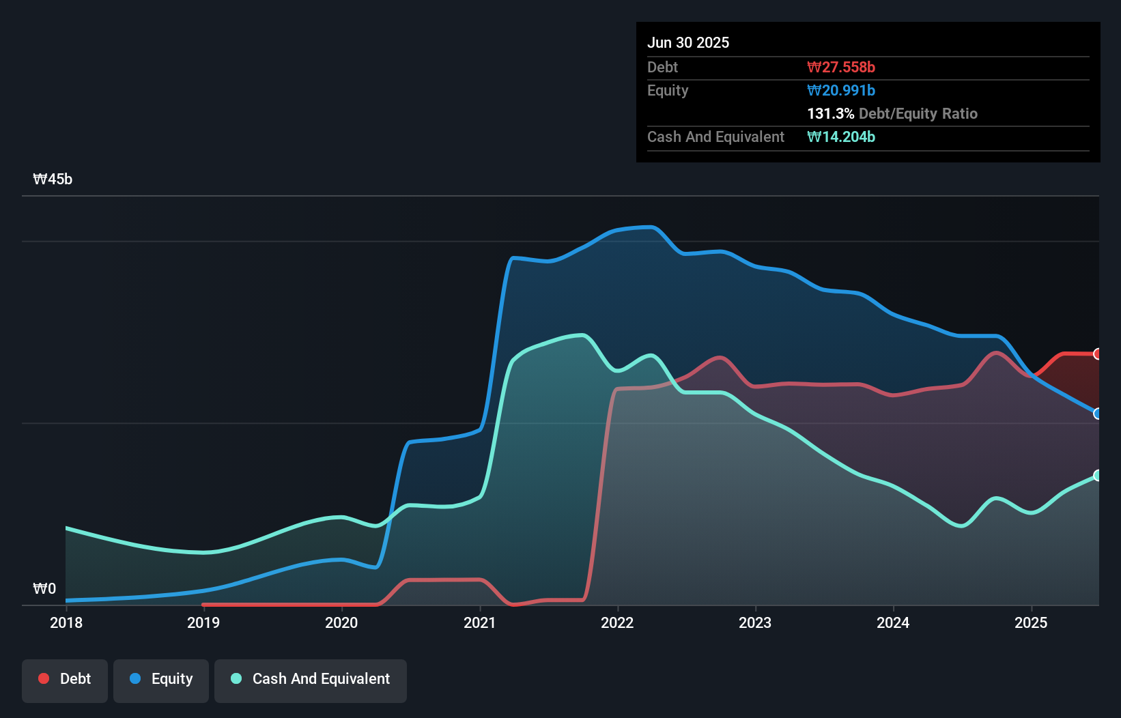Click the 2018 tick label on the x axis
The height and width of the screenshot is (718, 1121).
(66, 622)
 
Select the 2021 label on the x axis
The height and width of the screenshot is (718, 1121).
(479, 622)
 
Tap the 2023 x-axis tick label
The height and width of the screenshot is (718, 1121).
(755, 622)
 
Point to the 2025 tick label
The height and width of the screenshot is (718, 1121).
(1031, 622)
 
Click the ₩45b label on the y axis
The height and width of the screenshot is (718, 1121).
(53, 179)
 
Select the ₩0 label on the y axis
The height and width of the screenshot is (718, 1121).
(44, 589)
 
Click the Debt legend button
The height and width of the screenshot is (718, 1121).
(65, 679)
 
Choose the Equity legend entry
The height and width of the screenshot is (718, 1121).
(161, 679)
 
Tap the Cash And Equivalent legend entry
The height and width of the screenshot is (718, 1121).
(311, 679)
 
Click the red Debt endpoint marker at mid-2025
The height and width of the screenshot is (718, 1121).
(1098, 354)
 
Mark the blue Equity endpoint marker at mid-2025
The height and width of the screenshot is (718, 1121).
(1098, 414)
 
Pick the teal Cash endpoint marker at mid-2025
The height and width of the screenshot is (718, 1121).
(1098, 475)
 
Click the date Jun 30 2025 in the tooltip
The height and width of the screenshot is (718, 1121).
(688, 42)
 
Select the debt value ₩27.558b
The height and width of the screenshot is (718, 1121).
(841, 67)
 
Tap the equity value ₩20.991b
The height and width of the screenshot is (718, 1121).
(841, 90)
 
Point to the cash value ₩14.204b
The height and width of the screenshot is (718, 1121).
(841, 137)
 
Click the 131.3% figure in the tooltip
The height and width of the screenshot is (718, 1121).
(830, 113)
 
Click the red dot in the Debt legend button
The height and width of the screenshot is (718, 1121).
(44, 678)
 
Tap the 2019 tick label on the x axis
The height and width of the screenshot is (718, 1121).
(203, 622)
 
